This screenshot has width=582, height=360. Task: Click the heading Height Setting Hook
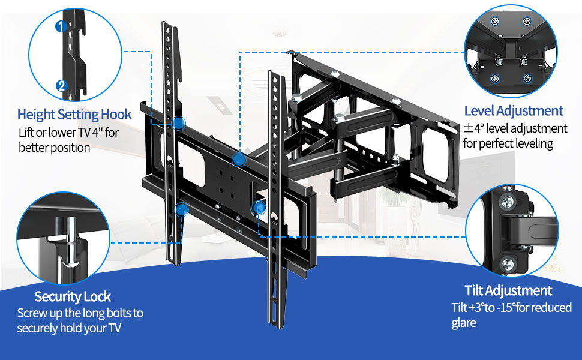click(74, 114)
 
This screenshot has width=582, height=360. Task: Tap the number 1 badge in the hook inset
click(61, 26)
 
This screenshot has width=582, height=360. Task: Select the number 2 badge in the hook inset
click(61, 86)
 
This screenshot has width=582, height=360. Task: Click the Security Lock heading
click(73, 296)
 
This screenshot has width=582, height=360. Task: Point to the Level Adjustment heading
click(514, 110)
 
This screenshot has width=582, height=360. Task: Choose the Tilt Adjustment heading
click(508, 291)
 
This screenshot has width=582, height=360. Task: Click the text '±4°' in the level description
click(472, 128)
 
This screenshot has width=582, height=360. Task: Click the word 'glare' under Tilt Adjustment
click(464, 323)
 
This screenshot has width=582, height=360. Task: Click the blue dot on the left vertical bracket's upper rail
click(178, 123)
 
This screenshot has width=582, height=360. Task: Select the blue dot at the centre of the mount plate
click(239, 160)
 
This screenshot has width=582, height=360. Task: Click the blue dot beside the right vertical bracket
click(259, 208)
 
